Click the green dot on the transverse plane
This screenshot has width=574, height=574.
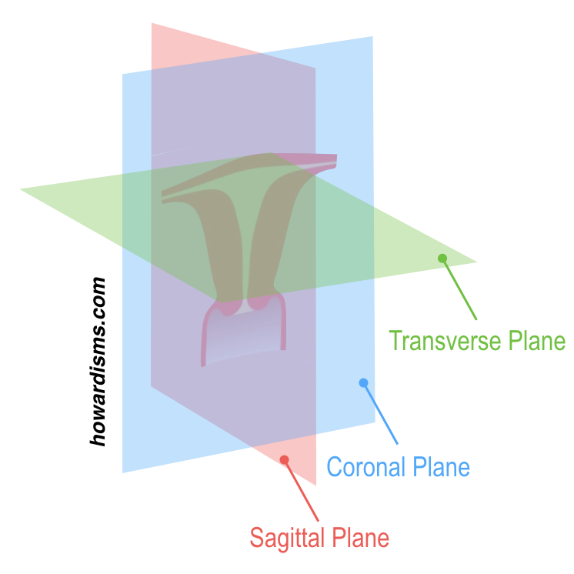[442, 259]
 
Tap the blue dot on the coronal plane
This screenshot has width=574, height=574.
[363, 382]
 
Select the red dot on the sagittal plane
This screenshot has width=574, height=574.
[284, 459]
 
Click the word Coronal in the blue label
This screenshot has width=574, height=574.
[365, 466]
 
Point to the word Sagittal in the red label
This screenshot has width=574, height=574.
[287, 537]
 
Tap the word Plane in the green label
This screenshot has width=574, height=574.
[536, 340]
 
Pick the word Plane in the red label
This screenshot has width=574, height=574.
[359, 537]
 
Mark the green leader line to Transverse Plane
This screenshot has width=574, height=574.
[460, 289]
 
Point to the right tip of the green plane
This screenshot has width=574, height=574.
[475, 262]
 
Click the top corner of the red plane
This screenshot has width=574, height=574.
[152, 24]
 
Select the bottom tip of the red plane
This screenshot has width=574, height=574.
[315, 484]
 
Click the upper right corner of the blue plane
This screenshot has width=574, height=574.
[372, 37]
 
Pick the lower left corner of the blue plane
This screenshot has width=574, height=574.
[123, 471]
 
